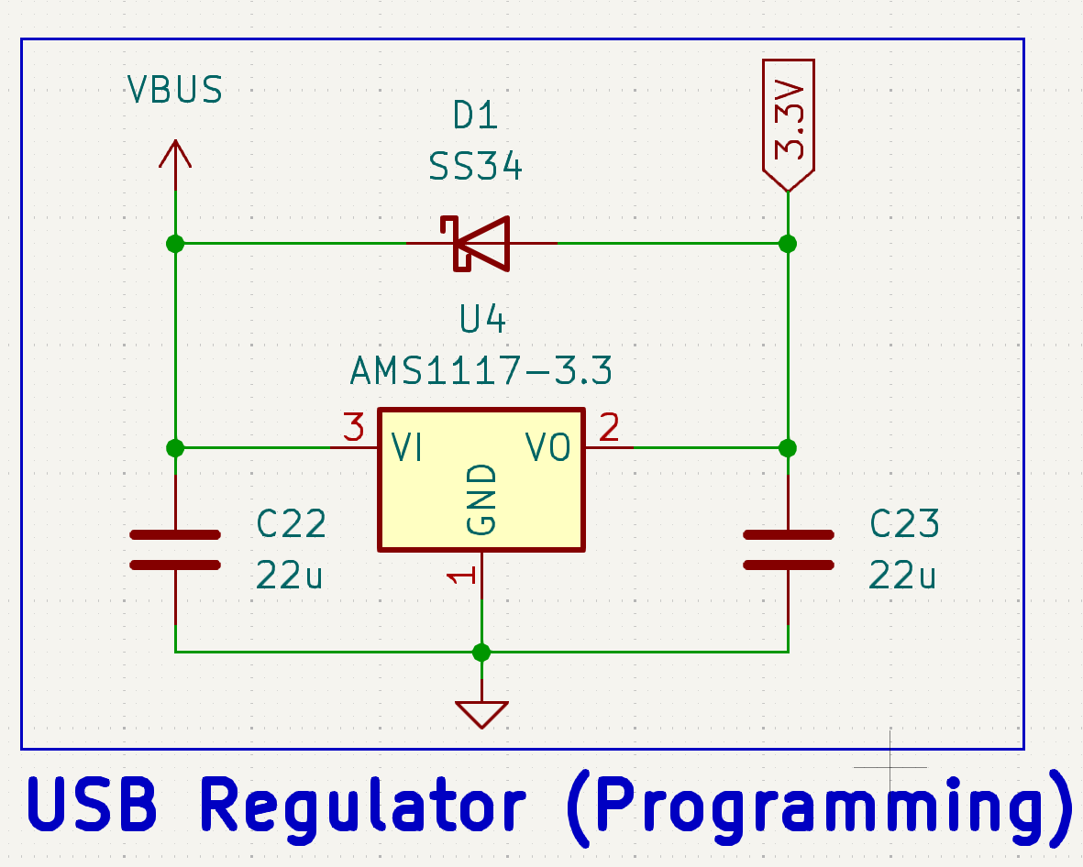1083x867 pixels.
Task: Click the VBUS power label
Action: (174, 90)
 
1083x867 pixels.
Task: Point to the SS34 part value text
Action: (475, 168)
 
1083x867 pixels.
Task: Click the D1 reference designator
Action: (475, 116)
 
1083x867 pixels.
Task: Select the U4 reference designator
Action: (482, 320)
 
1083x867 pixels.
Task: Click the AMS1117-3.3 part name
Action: (481, 371)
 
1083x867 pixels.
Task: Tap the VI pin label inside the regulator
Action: (406, 447)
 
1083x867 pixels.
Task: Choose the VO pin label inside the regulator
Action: (548, 447)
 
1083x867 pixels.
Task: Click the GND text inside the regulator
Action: (481, 499)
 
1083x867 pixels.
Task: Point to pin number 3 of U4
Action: (353, 427)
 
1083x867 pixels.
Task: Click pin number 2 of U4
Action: (609, 427)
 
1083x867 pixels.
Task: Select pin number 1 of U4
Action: (461, 576)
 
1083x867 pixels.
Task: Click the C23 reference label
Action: (904, 524)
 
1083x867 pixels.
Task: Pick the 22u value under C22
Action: (290, 576)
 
